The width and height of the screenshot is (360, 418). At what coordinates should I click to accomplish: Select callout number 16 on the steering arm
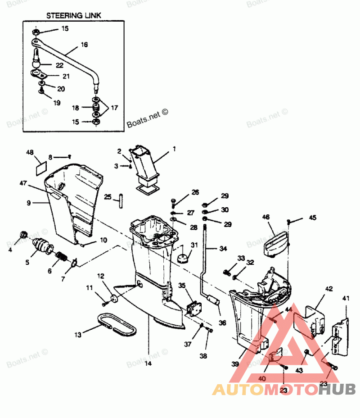coord(84,45)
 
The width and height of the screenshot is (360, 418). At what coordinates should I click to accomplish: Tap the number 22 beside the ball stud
coord(59,65)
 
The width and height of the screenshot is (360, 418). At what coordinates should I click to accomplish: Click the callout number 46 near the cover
coord(266,217)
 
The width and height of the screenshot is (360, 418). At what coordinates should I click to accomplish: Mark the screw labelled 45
coord(289,221)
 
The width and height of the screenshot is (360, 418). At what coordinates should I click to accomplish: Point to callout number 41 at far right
coord(346,298)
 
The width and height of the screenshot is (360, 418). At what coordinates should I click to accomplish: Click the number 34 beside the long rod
coord(224,248)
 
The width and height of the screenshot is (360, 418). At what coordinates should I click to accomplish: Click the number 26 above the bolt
coord(195,192)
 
